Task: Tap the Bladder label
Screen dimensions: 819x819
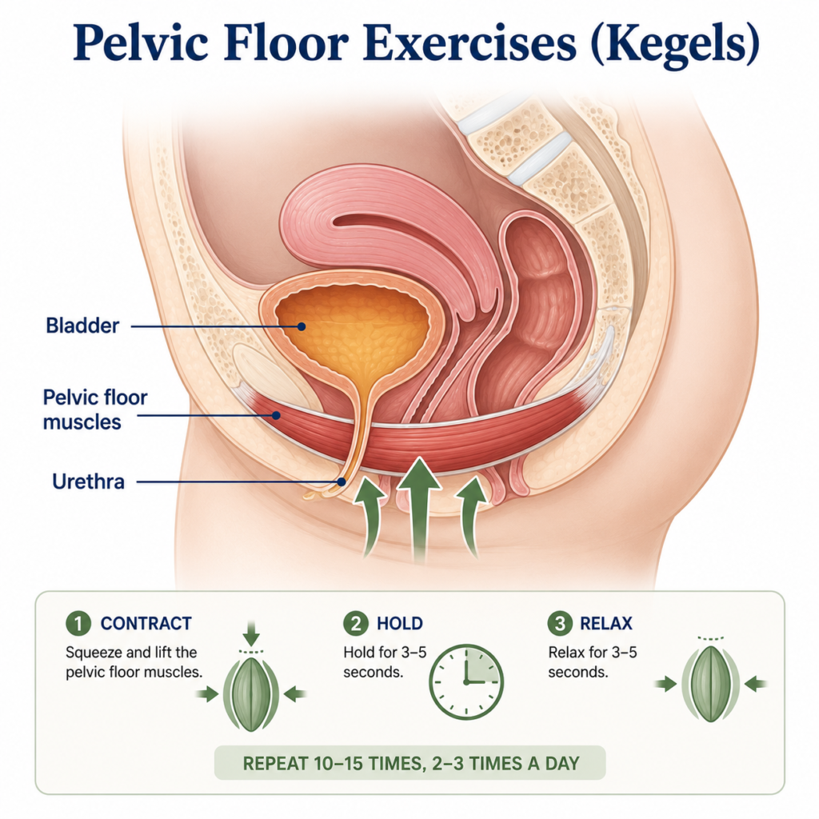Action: point(82,326)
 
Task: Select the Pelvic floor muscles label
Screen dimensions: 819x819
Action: point(95,409)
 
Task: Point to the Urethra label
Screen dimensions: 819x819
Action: point(88,481)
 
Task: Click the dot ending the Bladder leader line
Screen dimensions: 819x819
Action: point(301,326)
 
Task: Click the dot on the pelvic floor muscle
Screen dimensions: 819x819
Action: point(276,415)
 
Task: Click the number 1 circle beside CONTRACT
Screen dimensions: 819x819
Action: point(78,623)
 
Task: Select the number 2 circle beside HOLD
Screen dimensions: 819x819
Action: point(356,623)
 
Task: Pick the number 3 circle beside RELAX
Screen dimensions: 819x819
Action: point(559,623)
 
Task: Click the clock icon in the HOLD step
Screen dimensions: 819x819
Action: point(466,681)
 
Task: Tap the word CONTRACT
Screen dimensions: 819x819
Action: point(146,623)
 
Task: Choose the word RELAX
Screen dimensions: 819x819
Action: point(606,623)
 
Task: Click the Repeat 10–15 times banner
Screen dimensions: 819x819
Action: point(410,763)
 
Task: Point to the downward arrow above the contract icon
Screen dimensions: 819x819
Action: point(251,633)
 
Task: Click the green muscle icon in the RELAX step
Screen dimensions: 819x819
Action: point(711,684)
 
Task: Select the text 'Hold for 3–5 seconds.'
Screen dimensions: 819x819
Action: point(385,661)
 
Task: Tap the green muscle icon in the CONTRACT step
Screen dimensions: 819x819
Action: point(251,694)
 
